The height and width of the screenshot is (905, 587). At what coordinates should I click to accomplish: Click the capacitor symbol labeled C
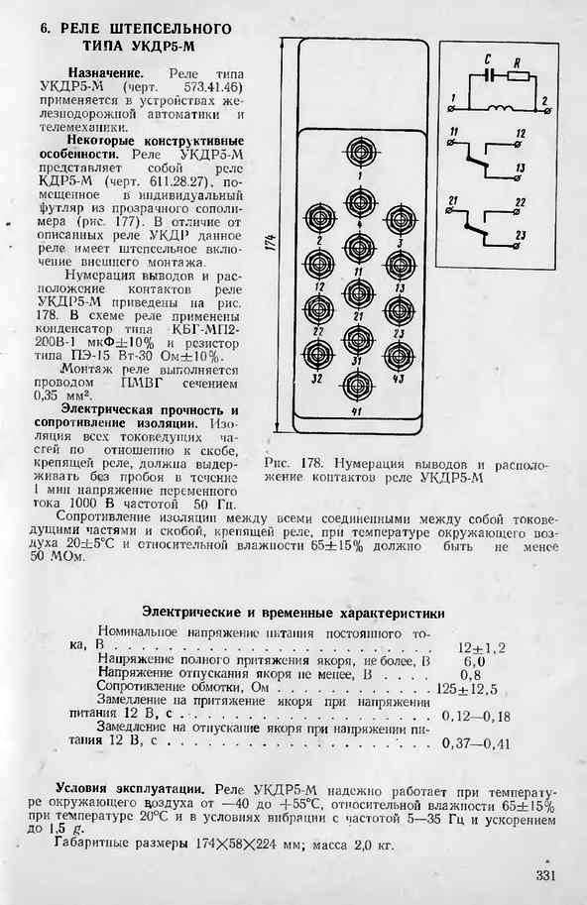491,74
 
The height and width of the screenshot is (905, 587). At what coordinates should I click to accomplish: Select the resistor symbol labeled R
518,74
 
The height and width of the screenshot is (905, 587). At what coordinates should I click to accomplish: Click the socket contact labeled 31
358,338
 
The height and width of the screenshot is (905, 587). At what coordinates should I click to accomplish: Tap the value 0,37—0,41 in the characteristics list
476,743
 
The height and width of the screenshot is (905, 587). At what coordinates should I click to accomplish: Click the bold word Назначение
106,74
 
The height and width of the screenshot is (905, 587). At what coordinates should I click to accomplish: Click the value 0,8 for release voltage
471,675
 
